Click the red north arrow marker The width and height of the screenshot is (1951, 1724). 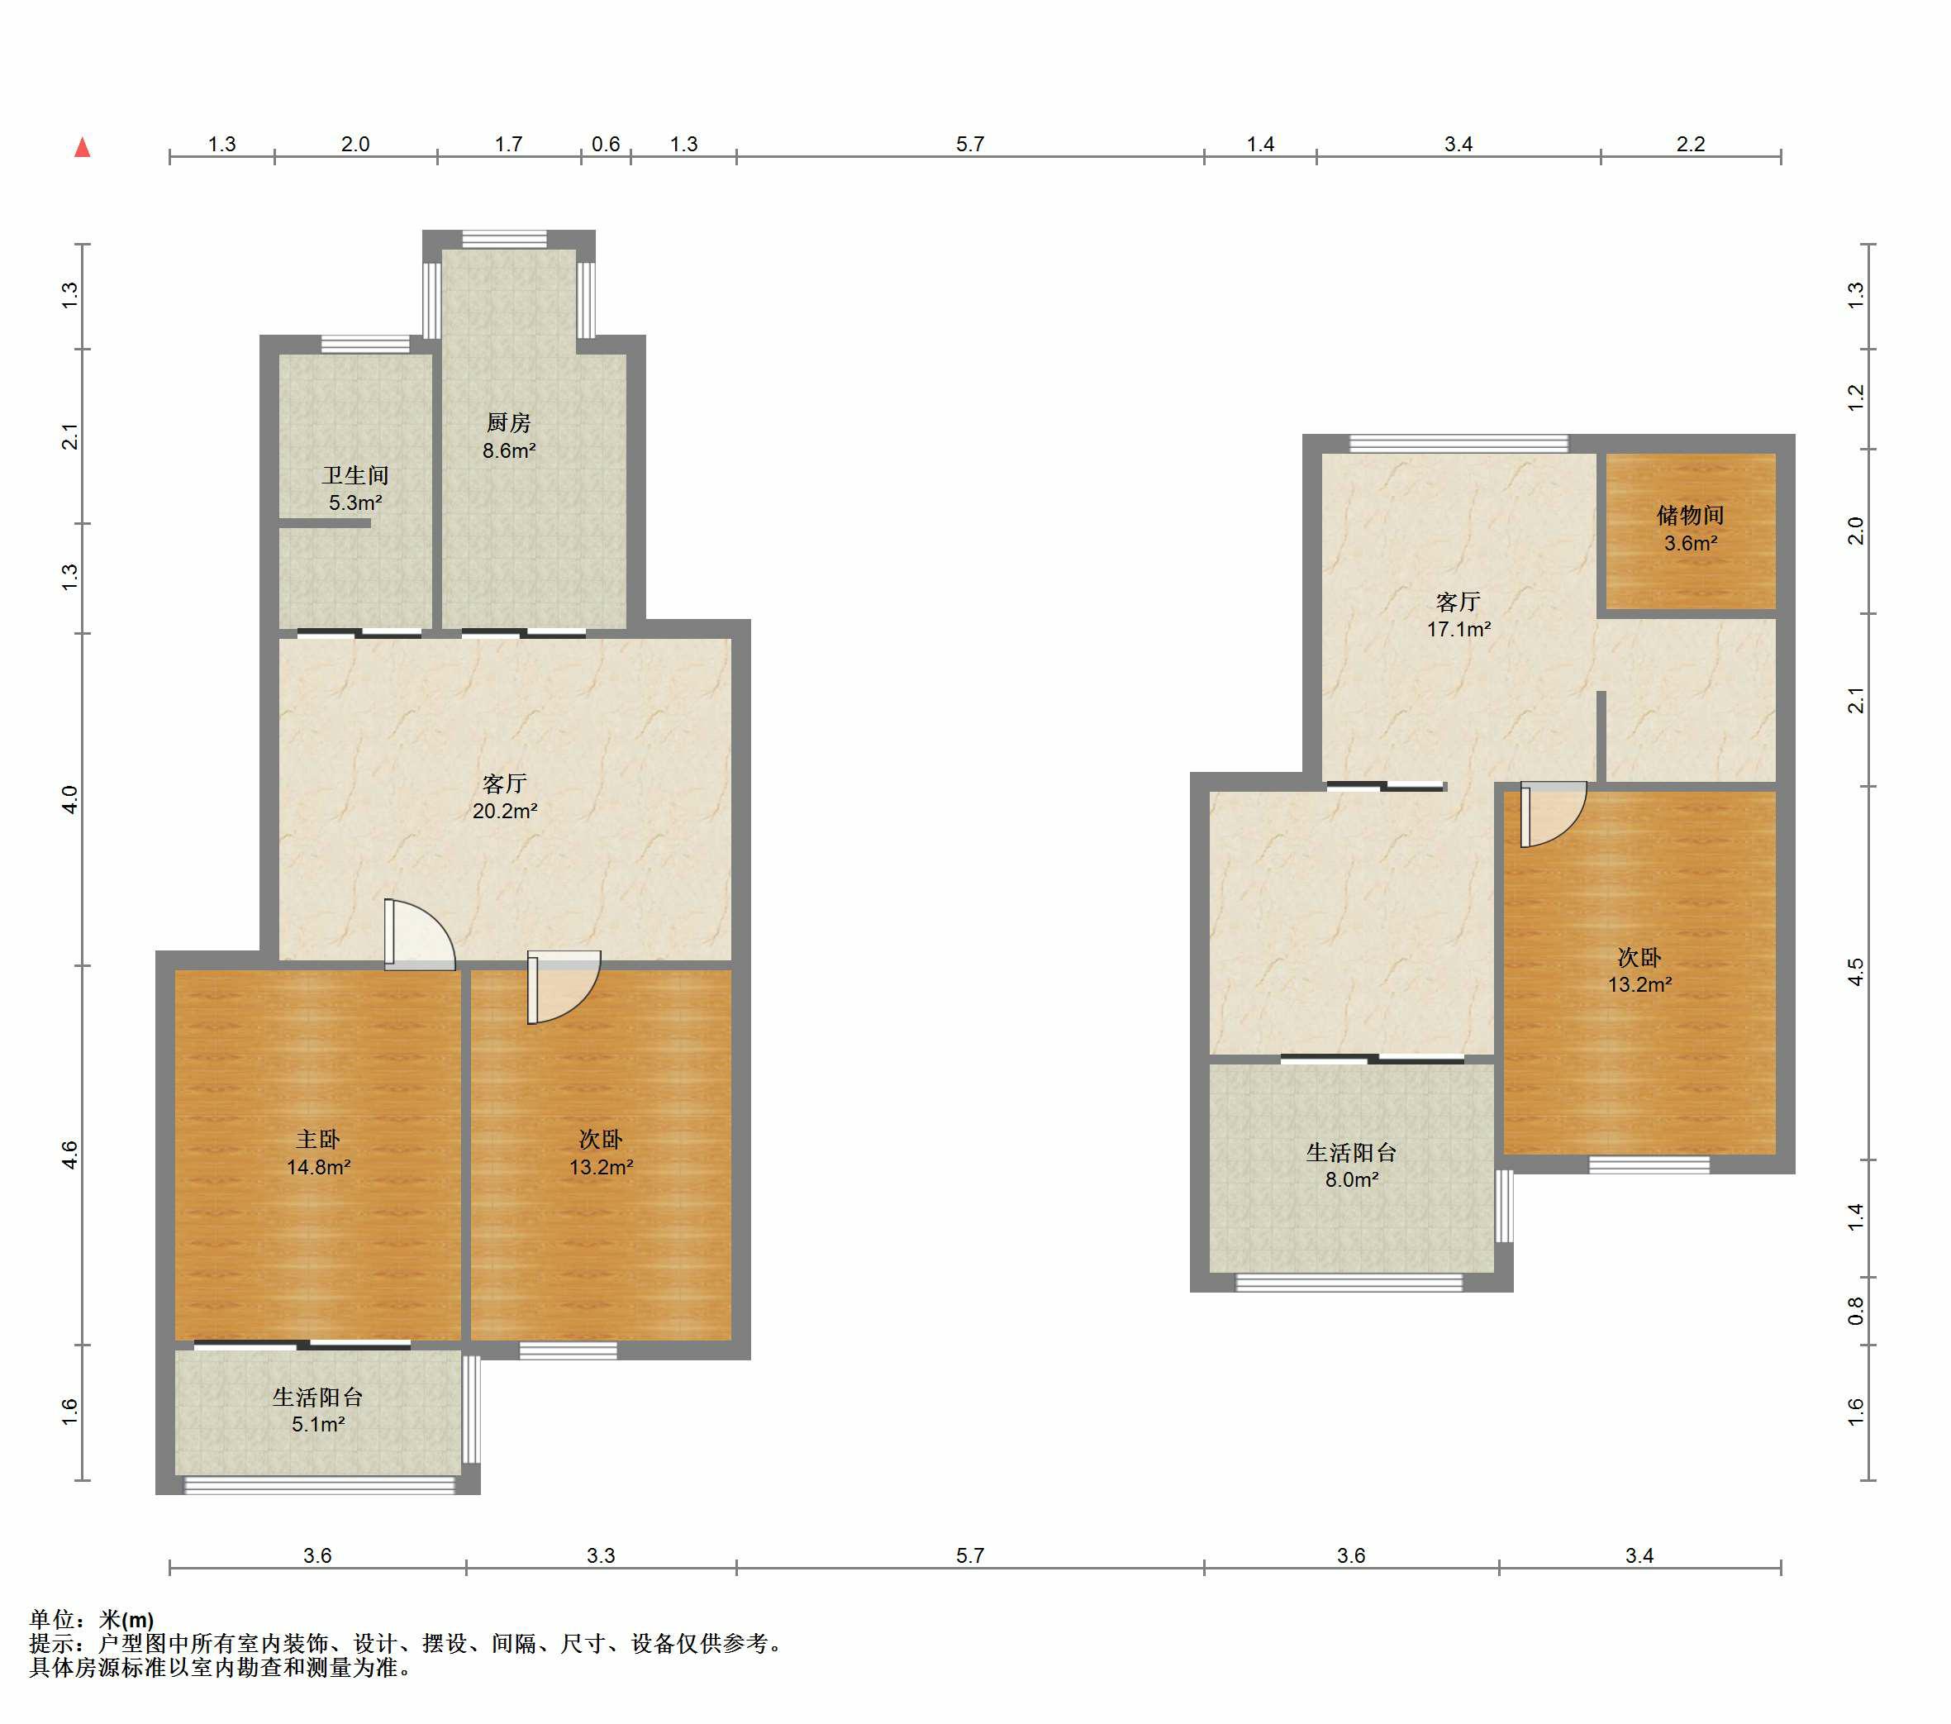click(x=83, y=147)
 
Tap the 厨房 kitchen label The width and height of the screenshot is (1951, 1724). click(x=508, y=422)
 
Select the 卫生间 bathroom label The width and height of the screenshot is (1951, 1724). click(x=355, y=475)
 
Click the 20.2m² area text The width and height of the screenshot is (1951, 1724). click(x=505, y=812)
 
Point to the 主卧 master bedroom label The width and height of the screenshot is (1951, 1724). click(x=318, y=1139)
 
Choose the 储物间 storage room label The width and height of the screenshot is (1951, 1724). click(x=1691, y=516)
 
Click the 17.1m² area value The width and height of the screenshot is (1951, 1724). click(x=1458, y=629)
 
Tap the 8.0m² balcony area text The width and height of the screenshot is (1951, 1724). click(x=1352, y=1180)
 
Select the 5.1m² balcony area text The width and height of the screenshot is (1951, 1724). click(x=318, y=1424)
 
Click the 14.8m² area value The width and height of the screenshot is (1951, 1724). click(x=319, y=1166)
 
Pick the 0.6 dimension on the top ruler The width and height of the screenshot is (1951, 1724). click(x=606, y=144)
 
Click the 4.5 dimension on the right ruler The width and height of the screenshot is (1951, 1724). click(x=1855, y=973)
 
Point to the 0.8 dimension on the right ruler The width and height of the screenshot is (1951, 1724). click(x=1855, y=1311)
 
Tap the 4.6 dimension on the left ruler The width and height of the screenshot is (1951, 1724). click(x=69, y=1155)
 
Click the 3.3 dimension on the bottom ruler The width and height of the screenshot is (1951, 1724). click(x=602, y=1555)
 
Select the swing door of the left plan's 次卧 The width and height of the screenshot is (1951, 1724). click(x=564, y=987)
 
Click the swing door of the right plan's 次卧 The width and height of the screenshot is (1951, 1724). click(x=1553, y=814)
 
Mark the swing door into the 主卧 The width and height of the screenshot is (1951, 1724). click(x=420, y=935)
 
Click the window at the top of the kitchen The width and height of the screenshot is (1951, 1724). click(x=505, y=239)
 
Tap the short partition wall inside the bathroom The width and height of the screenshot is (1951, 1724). click(x=325, y=523)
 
